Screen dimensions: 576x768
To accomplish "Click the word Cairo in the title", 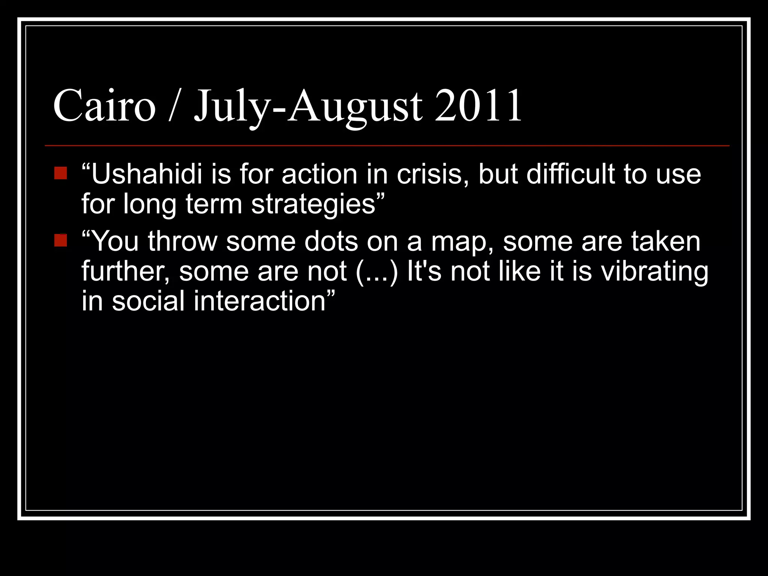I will [x=104, y=106].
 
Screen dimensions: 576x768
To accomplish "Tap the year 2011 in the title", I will [x=478, y=106].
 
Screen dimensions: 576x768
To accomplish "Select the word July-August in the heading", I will [x=308, y=106].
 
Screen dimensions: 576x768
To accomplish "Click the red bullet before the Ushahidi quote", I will [x=60, y=173].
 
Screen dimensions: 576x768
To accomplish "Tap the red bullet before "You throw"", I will [x=60, y=240].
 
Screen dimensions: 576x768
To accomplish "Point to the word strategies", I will [x=313, y=205].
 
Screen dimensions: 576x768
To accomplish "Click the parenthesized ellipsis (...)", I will [x=376, y=272].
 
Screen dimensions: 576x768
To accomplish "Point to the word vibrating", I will [x=655, y=272].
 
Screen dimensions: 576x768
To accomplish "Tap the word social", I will [x=148, y=301].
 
